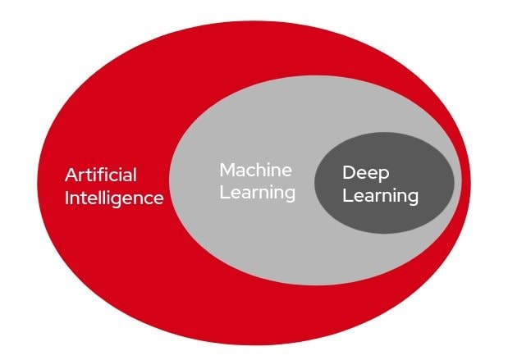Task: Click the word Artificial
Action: (101, 175)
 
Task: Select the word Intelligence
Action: (114, 198)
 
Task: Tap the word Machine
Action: (255, 170)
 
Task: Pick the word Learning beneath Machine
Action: (257, 194)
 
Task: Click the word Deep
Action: (365, 173)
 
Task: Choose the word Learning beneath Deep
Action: (380, 197)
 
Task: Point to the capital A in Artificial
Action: (71, 175)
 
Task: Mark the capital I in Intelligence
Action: (67, 198)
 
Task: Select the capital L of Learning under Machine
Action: (223, 193)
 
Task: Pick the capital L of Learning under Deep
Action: (346, 196)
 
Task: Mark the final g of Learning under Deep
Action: (412, 199)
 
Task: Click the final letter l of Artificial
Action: (135, 175)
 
